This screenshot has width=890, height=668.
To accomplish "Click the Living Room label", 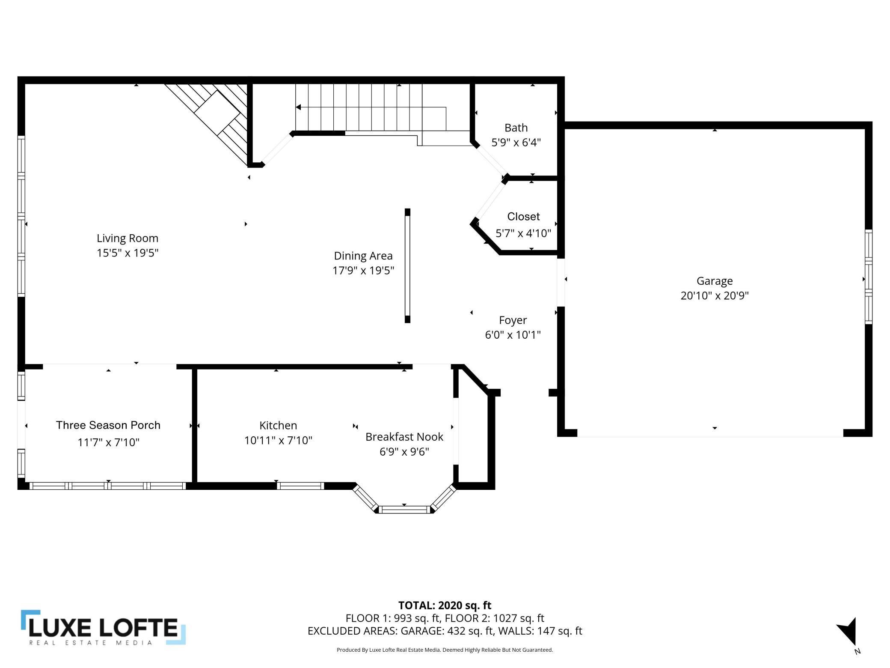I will coord(128,238).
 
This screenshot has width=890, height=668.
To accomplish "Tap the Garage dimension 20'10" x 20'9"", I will coord(714,295).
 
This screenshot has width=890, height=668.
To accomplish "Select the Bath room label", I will coord(516,128).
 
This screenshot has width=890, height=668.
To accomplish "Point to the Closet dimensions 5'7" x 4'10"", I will coord(523,233).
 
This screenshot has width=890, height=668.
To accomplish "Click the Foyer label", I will coord(513,320).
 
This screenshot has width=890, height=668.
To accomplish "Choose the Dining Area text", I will coord(363,256).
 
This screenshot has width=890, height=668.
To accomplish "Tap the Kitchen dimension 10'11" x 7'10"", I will coord(278,440).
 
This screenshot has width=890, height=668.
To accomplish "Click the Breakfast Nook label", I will coord(404,437).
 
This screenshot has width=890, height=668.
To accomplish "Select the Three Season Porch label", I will coord(108,425).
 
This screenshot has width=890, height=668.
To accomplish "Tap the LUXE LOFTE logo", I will coord(103,627).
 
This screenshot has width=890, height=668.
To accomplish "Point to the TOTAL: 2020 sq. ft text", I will coord(445,605).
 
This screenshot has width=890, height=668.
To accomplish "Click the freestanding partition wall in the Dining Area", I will coord(407,265).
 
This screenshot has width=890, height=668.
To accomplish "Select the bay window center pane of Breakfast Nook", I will coord(404,509).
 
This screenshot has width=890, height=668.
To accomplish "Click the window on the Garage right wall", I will coord(868,276).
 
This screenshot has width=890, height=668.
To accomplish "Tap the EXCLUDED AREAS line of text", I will coord(445,631).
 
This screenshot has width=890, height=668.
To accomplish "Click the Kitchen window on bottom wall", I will coord(300,486).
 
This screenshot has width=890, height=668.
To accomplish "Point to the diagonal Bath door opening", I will coord(490,161).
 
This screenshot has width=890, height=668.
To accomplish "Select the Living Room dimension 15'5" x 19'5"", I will coord(128,253).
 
